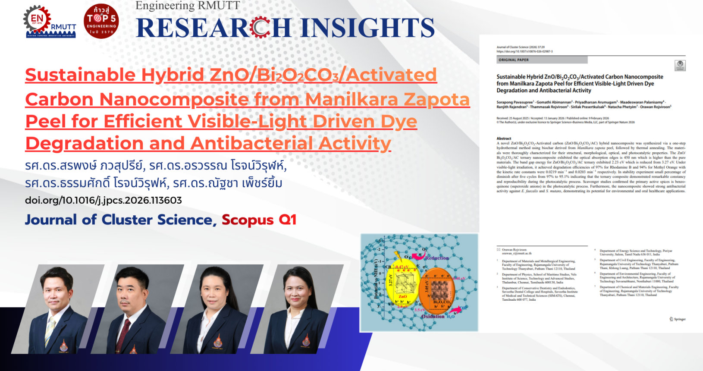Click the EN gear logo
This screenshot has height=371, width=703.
pyautogui.click(x=37, y=19)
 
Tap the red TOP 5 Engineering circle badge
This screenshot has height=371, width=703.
pyautogui.click(x=101, y=21)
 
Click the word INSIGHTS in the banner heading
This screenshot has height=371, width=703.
pyautogui.click(x=367, y=28)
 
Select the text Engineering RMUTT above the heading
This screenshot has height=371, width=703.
pyautogui.click(x=188, y=6)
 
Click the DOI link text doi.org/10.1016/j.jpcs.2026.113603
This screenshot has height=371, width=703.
pyautogui.click(x=104, y=200)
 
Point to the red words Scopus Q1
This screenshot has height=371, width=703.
pyautogui.click(x=259, y=220)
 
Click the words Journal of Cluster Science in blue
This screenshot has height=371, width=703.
pyautogui.click(x=119, y=220)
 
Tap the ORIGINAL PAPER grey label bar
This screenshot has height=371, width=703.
pyautogui.click(x=542, y=60)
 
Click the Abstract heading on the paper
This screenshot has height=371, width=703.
pyautogui.click(x=503, y=138)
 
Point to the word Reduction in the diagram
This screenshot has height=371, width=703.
pyautogui.click(x=436, y=258)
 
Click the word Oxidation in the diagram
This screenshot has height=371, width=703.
pyautogui.click(x=433, y=316)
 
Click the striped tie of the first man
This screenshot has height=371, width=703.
pyautogui.click(x=50, y=330)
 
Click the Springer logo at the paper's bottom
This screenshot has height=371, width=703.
pyautogui.click(x=678, y=319)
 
